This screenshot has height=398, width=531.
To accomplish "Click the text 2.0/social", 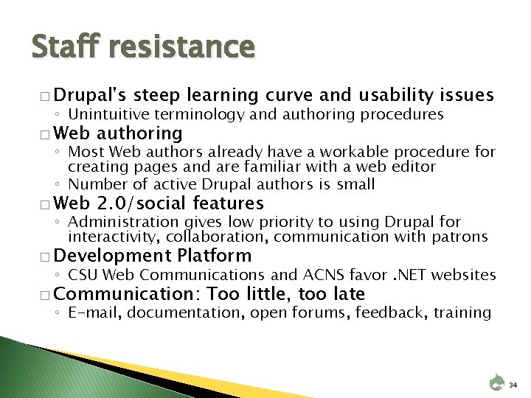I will coord(155,203).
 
